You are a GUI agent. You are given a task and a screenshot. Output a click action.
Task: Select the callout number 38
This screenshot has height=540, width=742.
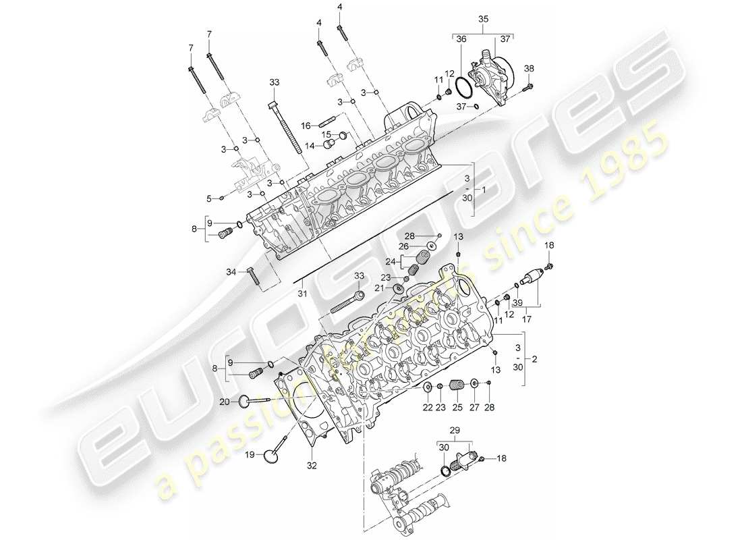pos(529,68)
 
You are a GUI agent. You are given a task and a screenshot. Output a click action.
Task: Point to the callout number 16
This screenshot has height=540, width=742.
pos(306,125)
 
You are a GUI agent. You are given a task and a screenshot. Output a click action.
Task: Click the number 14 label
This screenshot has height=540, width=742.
pos(310,144)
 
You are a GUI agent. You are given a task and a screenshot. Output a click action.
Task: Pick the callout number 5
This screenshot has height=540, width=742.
pos(209,198)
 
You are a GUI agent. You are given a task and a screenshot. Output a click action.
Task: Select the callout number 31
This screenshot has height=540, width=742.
pos(302,293)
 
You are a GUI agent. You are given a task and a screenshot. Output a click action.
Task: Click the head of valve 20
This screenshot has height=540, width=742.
pos(241,403)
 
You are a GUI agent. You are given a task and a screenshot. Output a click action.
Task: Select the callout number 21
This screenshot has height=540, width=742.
pos(378,288)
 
